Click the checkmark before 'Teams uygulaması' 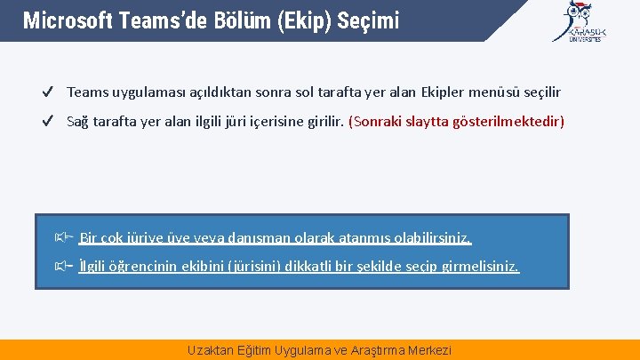tap(50, 92)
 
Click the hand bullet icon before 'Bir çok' tap(62, 237)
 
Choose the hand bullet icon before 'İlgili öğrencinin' tap(62, 266)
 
